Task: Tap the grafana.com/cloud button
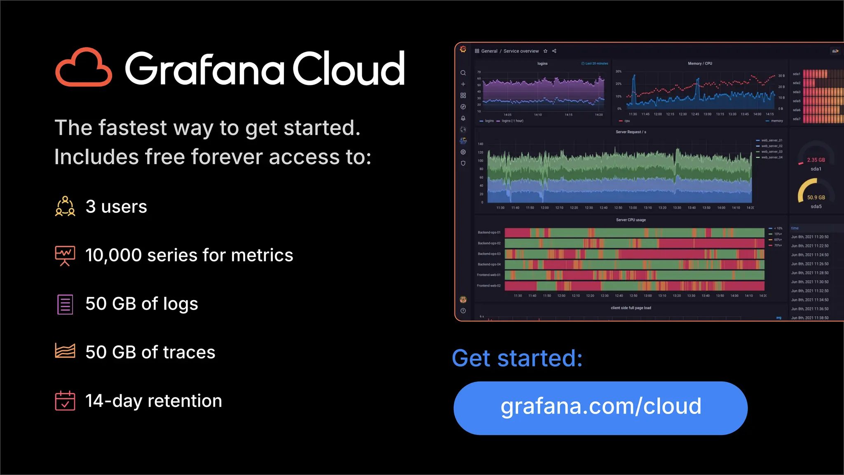tap(600, 408)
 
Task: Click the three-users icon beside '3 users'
tap(65, 206)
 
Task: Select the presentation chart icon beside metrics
tap(65, 256)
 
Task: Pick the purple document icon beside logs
tap(65, 304)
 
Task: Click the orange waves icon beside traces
tap(65, 351)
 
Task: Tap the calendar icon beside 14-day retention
tap(65, 401)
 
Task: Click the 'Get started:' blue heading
tap(517, 358)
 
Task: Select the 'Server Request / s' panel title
tap(631, 132)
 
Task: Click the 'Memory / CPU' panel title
tap(700, 63)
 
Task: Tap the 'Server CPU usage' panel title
tap(631, 220)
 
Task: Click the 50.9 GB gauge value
tap(816, 198)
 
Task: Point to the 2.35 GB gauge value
tap(816, 160)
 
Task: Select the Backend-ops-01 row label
tap(489, 233)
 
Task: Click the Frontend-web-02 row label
tap(489, 286)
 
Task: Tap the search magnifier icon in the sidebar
tap(463, 73)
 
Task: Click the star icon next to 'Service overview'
tap(545, 51)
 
